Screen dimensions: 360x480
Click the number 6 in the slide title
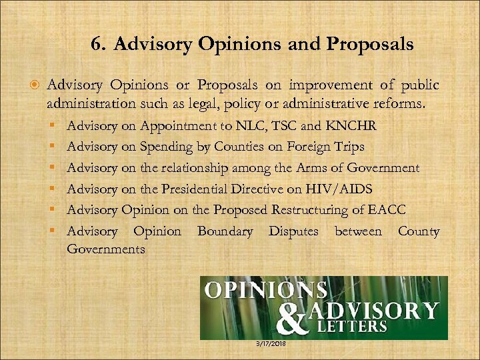coord(97,45)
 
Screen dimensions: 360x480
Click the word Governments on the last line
coord(106,248)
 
